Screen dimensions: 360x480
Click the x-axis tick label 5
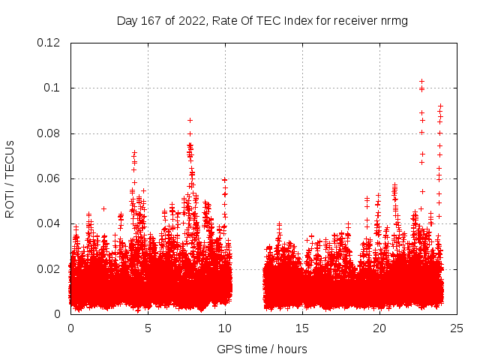(x=148, y=328)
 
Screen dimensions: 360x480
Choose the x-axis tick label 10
(x=225, y=328)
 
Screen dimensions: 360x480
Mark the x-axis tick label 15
(x=302, y=328)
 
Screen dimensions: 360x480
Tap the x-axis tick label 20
(x=379, y=328)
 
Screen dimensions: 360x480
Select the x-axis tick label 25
(x=457, y=328)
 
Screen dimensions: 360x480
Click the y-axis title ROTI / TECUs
(x=10, y=178)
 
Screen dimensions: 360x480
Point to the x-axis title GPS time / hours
(x=262, y=349)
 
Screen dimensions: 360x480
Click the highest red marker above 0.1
(x=421, y=81)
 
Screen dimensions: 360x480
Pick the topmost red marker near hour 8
(x=190, y=120)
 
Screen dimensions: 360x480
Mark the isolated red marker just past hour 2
(x=103, y=208)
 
